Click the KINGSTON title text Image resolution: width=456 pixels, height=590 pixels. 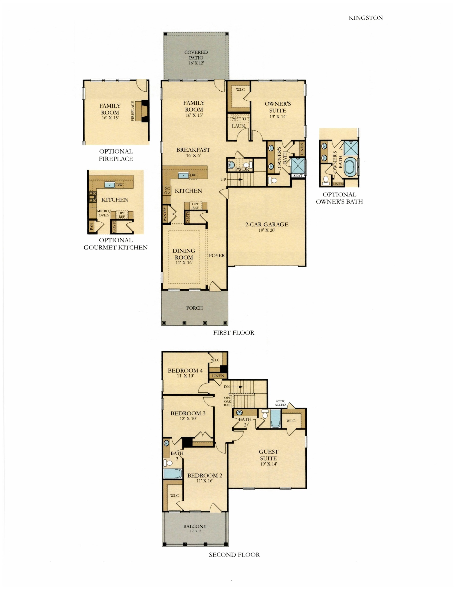(x=366, y=18)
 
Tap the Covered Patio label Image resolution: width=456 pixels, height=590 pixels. (x=196, y=55)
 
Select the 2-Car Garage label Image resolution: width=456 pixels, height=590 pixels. (x=266, y=224)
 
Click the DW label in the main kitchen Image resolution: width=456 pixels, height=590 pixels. (x=193, y=175)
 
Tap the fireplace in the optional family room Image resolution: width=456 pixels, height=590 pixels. (x=142, y=111)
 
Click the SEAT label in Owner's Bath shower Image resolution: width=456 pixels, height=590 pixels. (x=298, y=175)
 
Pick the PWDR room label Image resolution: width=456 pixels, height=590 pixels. (x=242, y=169)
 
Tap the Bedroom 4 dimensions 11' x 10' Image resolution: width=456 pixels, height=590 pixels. (x=185, y=376)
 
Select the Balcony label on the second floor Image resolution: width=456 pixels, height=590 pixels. (x=195, y=526)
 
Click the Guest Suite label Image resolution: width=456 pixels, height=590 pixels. (x=268, y=455)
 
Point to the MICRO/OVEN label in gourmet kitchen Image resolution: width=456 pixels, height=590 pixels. (x=103, y=213)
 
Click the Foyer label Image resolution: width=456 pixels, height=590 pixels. (x=217, y=255)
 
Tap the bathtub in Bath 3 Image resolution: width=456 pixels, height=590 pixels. (x=172, y=474)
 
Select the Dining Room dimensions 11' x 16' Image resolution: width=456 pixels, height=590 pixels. (x=184, y=262)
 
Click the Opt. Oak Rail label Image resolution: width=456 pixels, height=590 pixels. (x=227, y=401)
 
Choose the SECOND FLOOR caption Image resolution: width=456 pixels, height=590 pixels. (x=234, y=555)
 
